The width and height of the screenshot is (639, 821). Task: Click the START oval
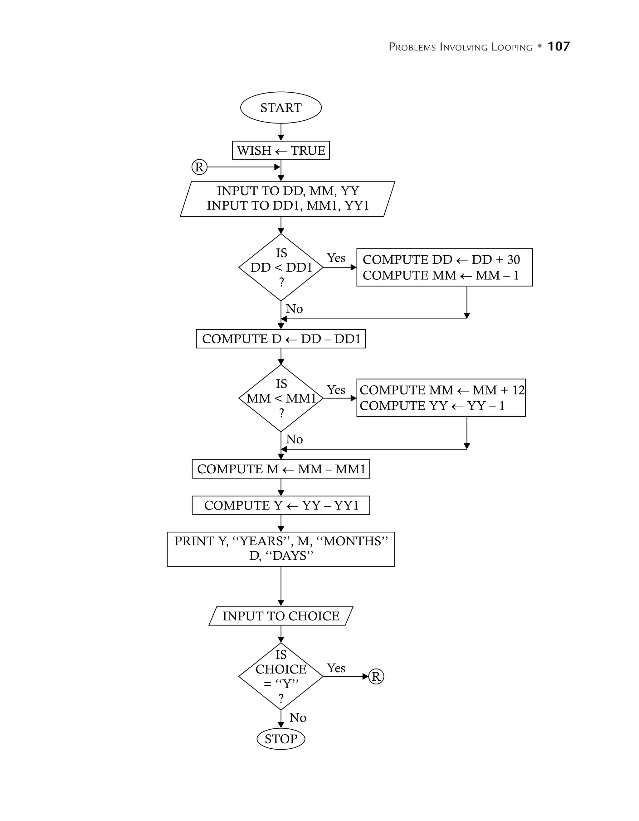280,108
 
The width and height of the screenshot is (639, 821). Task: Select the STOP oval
280,739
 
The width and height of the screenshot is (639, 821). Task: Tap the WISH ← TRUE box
280,150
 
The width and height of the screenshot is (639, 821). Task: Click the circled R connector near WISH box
199,167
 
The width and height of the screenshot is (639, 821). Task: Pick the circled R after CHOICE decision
376,677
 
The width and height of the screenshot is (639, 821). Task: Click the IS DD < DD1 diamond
280,267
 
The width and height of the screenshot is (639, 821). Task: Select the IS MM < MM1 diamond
280,398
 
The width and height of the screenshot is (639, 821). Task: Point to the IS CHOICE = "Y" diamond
280,677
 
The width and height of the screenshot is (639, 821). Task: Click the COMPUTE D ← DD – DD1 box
280,339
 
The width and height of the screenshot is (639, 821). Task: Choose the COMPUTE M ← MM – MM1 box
280,469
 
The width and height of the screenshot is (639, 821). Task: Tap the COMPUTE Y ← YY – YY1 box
280,505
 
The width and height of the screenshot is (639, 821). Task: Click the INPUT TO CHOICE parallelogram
280,616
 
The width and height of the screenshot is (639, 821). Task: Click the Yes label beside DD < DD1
336,258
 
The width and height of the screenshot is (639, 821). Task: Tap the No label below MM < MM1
294,439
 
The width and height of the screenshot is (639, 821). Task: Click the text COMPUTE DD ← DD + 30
441,260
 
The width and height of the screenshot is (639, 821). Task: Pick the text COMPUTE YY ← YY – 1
432,406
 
